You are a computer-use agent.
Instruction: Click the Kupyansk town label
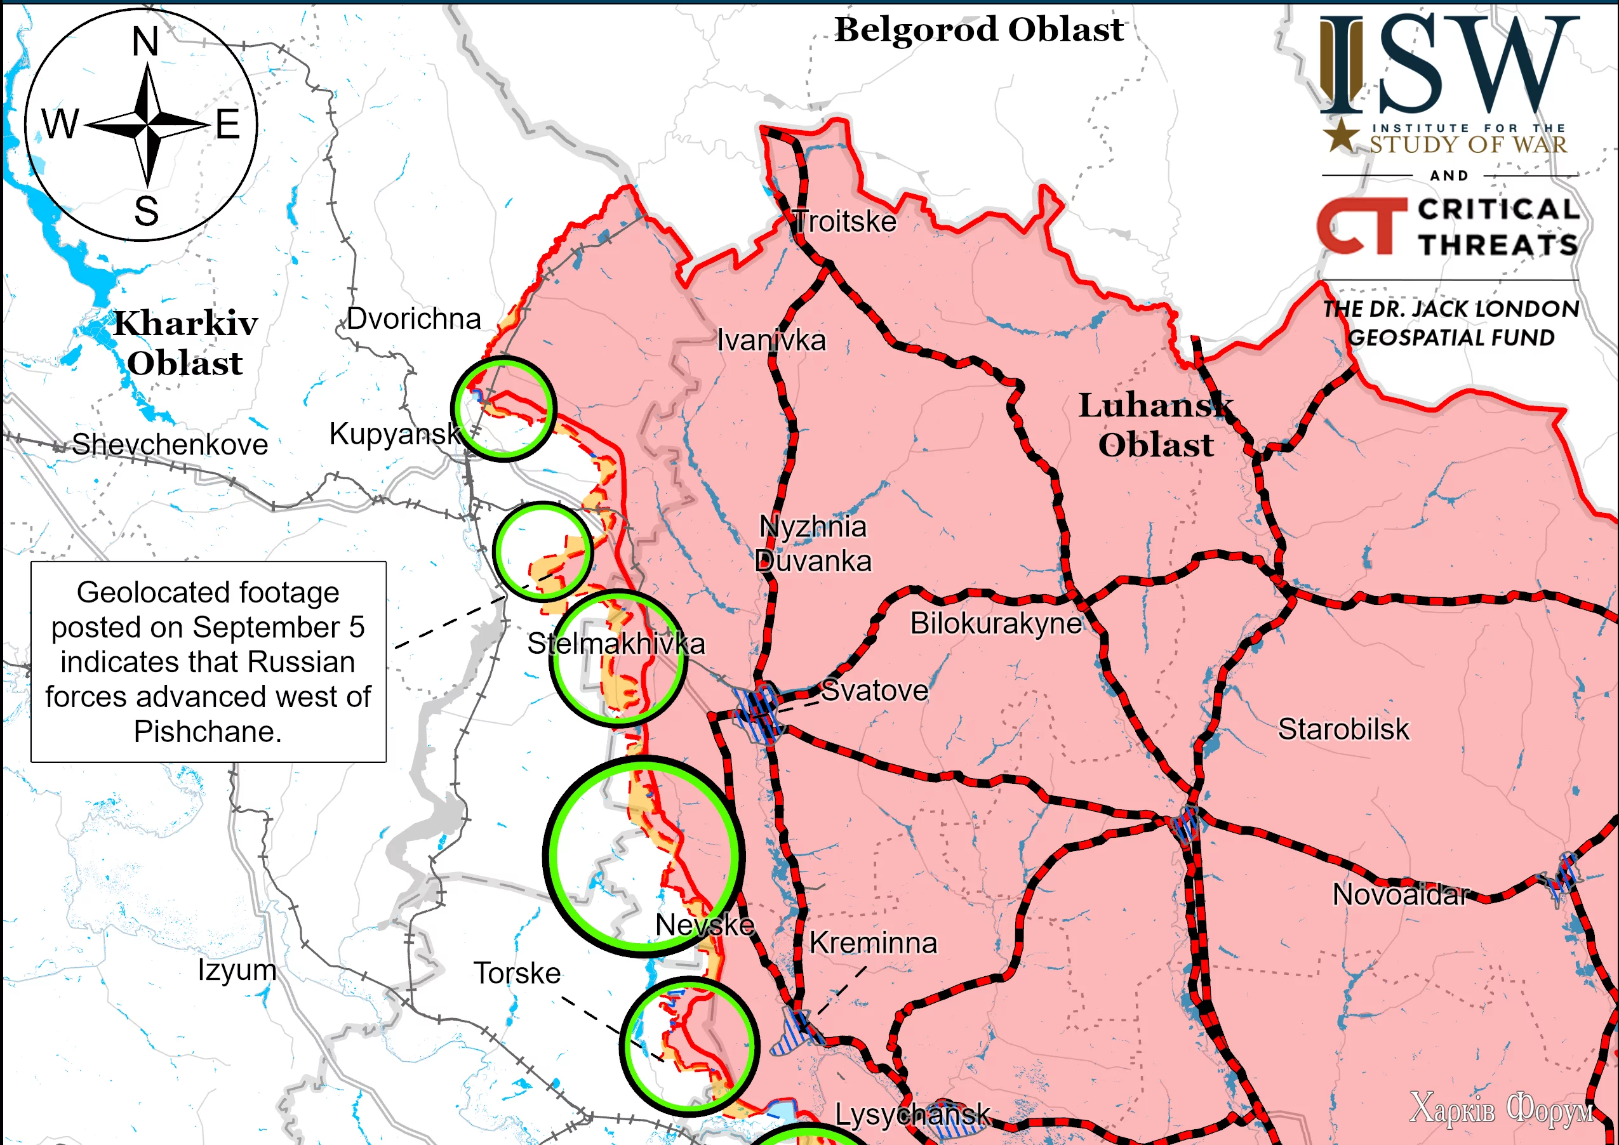coord(395,434)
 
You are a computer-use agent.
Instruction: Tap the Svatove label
coord(874,691)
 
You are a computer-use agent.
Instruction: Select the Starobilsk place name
coord(1343,729)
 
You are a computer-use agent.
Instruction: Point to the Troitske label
coord(845,222)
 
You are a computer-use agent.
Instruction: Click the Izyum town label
coord(237,970)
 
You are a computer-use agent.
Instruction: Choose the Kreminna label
coord(873,943)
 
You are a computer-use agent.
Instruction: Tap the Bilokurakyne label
coord(996,623)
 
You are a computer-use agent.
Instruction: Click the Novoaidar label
coord(1401,895)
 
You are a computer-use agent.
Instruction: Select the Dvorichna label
coord(414,319)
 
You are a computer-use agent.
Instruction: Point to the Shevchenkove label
coord(170,444)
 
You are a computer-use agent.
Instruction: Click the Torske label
coord(517,973)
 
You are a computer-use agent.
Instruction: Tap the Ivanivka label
coord(771,341)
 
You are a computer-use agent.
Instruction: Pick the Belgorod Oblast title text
coord(979,30)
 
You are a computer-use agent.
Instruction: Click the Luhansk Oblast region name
coord(1156,425)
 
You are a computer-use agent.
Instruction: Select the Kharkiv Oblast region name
coord(185,343)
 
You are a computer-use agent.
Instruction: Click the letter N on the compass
coord(145,43)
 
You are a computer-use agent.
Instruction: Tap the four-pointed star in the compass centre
coord(147,125)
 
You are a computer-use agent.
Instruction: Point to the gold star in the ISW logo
coord(1340,135)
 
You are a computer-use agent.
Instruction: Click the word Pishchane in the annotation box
coord(208,732)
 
